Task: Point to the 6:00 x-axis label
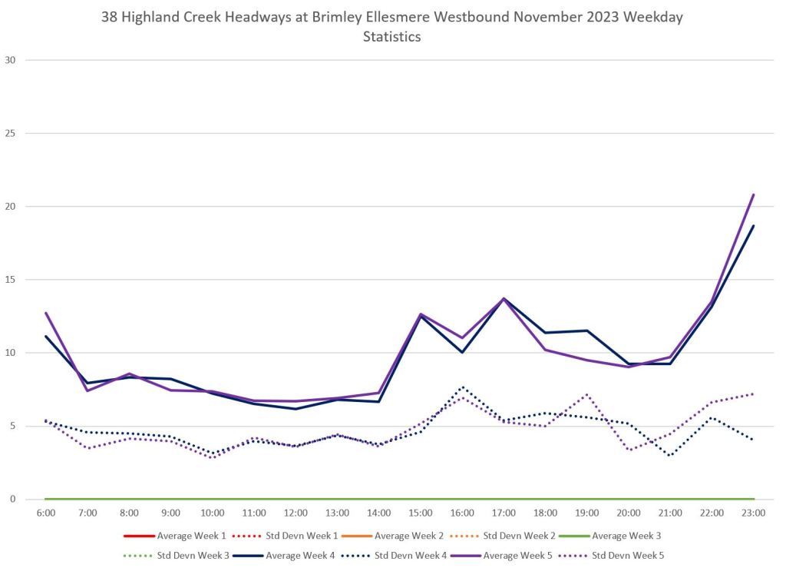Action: point(46,513)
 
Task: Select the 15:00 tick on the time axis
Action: point(421,513)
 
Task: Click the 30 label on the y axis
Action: point(10,60)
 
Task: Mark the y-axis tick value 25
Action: point(10,133)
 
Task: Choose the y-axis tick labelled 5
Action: point(13,426)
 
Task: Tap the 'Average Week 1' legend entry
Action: point(191,535)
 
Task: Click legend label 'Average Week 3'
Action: point(627,535)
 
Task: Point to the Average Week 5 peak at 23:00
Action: point(754,194)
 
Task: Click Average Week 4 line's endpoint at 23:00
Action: point(754,226)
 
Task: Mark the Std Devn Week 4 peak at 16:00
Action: point(462,387)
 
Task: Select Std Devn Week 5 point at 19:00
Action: point(587,394)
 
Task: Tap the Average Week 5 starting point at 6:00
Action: point(46,313)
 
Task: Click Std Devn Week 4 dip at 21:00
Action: point(670,456)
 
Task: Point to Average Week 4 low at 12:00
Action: point(296,409)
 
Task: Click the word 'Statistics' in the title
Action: point(392,37)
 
